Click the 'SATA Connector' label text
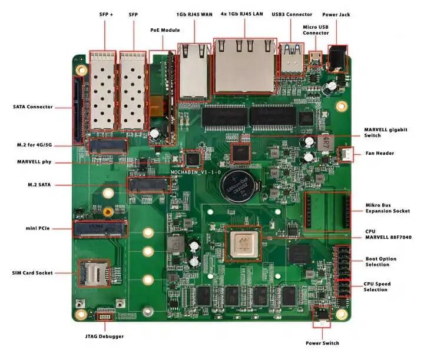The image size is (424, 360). coord(33,106)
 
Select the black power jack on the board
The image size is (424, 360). coord(337,59)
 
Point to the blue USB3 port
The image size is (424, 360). coord(291,59)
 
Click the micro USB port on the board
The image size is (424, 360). coord(315,58)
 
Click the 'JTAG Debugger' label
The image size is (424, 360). coord(104,336)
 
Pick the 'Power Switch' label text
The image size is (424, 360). coord(322,343)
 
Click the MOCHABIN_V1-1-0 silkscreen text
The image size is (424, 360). coord(196,172)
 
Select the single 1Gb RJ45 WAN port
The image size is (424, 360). coord(194,72)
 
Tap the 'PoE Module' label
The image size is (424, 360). coord(165,30)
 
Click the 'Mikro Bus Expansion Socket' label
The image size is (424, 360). coord(387,208)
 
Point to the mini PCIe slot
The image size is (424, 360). coord(101,229)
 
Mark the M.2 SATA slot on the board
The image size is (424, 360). coord(149,185)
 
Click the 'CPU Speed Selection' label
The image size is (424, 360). coord(377,286)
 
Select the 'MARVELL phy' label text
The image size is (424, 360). coord(34,162)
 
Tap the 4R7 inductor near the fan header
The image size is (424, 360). coord(326,143)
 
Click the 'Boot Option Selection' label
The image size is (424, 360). coord(381,261)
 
